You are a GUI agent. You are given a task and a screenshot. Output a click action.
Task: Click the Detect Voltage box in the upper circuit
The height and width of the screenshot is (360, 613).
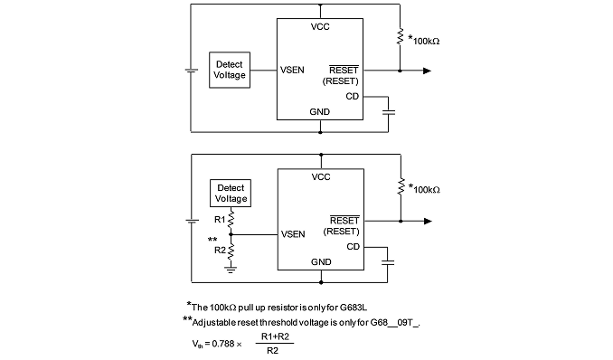pyautogui.click(x=230, y=70)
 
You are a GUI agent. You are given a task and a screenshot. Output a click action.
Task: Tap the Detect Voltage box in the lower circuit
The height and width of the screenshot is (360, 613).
pyautogui.click(x=231, y=194)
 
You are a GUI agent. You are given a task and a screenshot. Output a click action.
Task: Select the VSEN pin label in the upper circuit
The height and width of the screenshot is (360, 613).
pyautogui.click(x=292, y=70)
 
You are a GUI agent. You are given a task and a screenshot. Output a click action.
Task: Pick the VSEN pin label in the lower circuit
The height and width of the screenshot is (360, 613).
pyautogui.click(x=293, y=234)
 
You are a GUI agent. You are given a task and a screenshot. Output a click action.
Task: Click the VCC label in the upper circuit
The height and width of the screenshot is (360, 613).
pyautogui.click(x=320, y=26)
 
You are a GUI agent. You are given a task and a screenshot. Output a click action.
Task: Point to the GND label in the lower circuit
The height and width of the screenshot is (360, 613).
pyautogui.click(x=321, y=261)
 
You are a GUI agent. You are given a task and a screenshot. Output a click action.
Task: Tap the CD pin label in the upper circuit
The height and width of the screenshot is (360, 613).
pyautogui.click(x=353, y=96)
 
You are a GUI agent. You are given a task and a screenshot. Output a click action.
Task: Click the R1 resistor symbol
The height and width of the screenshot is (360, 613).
pyautogui.click(x=231, y=218)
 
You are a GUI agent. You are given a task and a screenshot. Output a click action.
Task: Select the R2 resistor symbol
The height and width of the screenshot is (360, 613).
pyautogui.click(x=231, y=251)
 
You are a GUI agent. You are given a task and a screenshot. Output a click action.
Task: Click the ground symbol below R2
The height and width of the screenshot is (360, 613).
pyautogui.click(x=231, y=270)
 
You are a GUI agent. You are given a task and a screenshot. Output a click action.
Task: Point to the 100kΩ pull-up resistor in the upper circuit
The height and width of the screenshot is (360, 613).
pyautogui.click(x=400, y=36)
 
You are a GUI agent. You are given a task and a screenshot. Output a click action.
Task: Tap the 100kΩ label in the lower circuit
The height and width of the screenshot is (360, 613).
pyautogui.click(x=427, y=190)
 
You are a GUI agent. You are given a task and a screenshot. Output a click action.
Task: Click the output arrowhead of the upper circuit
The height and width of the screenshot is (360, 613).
pyautogui.click(x=428, y=71)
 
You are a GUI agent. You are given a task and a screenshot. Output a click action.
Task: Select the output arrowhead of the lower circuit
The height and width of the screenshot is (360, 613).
pyautogui.click(x=428, y=221)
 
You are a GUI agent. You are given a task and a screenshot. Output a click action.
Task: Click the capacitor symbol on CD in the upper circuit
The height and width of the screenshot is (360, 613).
pyautogui.click(x=388, y=112)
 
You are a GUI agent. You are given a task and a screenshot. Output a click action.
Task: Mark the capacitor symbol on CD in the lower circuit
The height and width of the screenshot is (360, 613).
pyautogui.click(x=388, y=262)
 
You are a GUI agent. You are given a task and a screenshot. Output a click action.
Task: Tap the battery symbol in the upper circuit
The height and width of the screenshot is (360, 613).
pyautogui.click(x=191, y=71)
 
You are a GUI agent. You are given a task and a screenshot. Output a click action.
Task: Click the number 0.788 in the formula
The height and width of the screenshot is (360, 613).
pyautogui.click(x=223, y=344)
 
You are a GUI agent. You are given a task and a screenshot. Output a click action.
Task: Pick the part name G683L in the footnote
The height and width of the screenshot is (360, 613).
pyautogui.click(x=354, y=308)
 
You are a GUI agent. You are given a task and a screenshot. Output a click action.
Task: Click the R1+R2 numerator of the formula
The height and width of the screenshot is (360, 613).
pyautogui.click(x=275, y=336)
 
